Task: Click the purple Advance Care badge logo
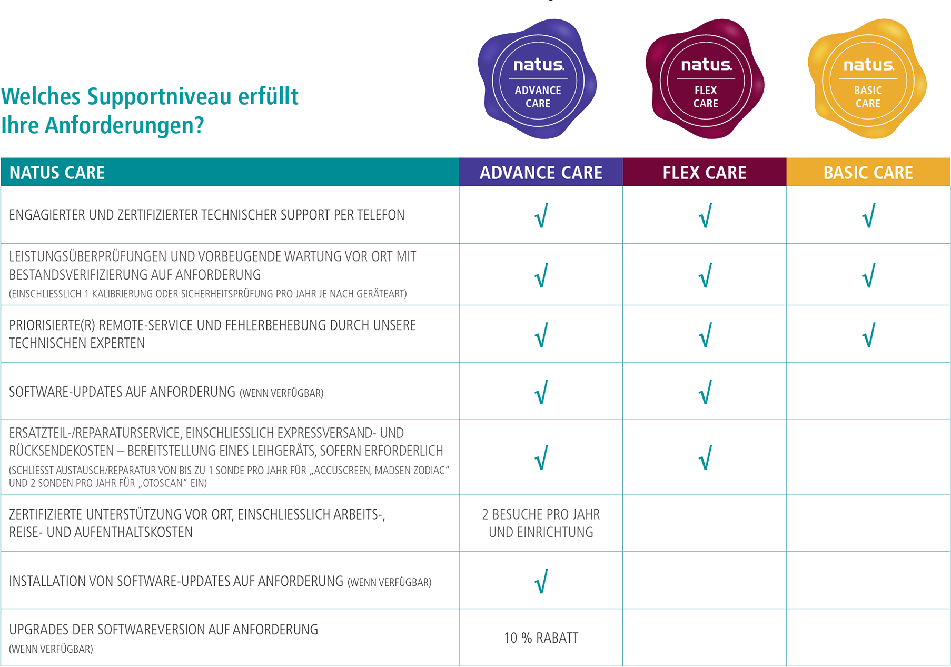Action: (538, 79)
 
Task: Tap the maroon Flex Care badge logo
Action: (705, 79)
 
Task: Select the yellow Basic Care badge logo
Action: (868, 79)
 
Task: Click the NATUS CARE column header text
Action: (57, 173)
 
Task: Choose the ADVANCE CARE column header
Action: (541, 173)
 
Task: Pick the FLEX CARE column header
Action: (705, 173)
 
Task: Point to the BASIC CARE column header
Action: (868, 173)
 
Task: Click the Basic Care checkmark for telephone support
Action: (868, 215)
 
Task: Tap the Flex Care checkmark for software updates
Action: (705, 392)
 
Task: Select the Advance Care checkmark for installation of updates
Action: (541, 581)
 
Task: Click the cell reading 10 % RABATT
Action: (541, 638)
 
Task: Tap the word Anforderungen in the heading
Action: (124, 125)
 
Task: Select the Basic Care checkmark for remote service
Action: (868, 335)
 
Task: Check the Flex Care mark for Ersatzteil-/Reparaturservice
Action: (705, 457)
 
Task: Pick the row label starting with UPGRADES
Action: (163, 630)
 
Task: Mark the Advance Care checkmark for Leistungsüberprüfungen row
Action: (541, 275)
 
